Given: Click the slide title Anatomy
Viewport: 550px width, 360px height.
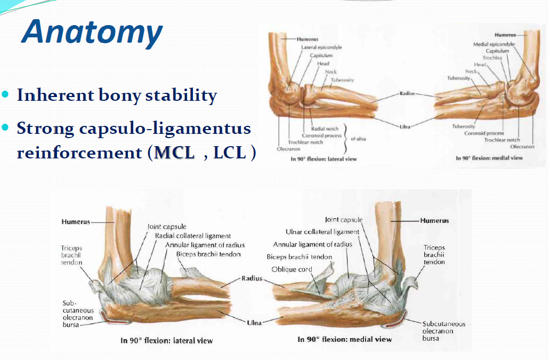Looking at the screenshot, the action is [92, 33].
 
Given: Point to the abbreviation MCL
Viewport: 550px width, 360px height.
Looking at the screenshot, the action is [174, 153].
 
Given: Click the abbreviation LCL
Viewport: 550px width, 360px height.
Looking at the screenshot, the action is [230, 153].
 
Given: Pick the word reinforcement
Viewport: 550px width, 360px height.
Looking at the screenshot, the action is [79, 153].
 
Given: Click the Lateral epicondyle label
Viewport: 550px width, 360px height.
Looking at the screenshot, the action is [321, 47].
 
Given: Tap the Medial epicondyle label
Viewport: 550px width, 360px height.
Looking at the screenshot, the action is [494, 44].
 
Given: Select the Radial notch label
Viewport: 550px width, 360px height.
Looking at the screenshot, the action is [325, 129].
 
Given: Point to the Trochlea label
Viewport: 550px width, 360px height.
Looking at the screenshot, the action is [492, 58].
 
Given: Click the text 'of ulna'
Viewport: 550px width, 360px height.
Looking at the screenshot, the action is [358, 139].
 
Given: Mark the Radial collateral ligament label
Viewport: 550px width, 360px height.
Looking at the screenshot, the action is [193, 236].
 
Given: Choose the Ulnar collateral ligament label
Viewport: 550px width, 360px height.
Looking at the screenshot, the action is [322, 232].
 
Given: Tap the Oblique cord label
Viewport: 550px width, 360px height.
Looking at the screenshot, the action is [292, 269].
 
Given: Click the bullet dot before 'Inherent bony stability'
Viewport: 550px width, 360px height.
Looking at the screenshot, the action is [5, 94].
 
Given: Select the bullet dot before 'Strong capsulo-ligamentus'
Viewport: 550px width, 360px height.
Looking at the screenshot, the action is [5, 127].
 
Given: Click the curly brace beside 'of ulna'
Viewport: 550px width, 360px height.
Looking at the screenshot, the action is [345, 139].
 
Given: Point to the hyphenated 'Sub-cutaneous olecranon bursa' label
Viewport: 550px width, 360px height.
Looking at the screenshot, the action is [78, 314].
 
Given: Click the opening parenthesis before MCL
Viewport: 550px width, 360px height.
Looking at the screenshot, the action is [150, 153].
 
